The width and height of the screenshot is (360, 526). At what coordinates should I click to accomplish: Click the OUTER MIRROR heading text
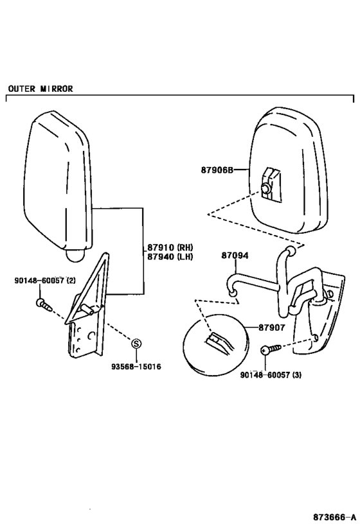click(x=40, y=89)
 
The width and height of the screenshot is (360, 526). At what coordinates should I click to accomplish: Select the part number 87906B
click(x=217, y=170)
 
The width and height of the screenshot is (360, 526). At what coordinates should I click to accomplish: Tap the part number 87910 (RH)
click(x=170, y=247)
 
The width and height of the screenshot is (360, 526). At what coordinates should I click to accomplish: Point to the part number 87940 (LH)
click(x=170, y=257)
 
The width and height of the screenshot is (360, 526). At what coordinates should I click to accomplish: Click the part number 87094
click(x=235, y=256)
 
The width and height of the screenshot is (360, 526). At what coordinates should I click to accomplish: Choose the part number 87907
click(x=272, y=328)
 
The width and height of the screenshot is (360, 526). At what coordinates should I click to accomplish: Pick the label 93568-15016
click(x=136, y=367)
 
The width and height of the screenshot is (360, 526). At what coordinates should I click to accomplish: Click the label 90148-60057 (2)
click(x=45, y=281)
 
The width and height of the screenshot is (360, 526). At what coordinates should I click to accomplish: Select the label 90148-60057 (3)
click(x=271, y=374)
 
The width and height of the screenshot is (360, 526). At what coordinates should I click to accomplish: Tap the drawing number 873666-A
click(x=335, y=516)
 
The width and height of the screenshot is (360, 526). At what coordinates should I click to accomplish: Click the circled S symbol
click(x=136, y=343)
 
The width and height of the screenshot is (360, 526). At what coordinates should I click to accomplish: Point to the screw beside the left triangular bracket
click(x=44, y=304)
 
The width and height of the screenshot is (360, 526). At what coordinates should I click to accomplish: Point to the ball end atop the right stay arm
click(x=291, y=250)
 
